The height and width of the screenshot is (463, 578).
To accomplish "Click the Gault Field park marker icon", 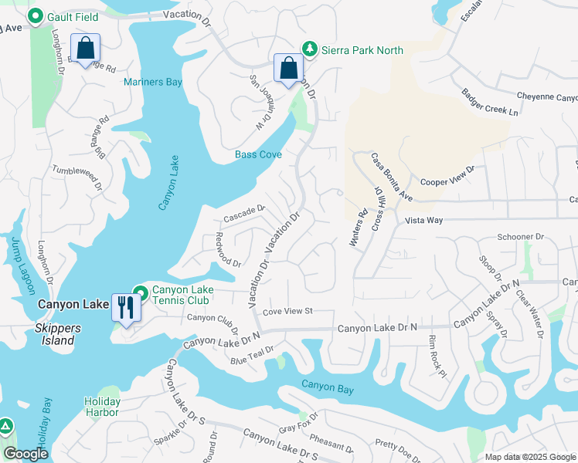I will (x=35, y=15).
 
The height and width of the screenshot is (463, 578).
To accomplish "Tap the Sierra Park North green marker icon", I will (x=310, y=49).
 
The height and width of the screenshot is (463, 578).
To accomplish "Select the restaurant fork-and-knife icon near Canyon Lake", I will (x=124, y=306).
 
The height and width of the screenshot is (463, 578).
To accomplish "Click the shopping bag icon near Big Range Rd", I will (x=85, y=48).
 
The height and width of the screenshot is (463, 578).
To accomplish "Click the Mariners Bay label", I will (x=153, y=82).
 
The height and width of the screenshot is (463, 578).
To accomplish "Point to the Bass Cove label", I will (x=258, y=154).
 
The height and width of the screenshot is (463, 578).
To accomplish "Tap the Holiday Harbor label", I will (x=102, y=407).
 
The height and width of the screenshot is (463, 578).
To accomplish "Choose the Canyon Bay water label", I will (x=328, y=388).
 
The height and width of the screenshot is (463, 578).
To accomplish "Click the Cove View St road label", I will (x=287, y=311).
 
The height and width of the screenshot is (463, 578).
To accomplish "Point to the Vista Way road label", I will (x=424, y=220).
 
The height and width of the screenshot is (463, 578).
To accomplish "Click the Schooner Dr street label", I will (x=521, y=237).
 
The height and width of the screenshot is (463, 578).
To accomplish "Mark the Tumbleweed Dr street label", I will (x=77, y=177).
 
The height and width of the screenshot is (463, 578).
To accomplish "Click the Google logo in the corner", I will (x=25, y=454).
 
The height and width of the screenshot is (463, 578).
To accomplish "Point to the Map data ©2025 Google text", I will (x=529, y=457).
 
